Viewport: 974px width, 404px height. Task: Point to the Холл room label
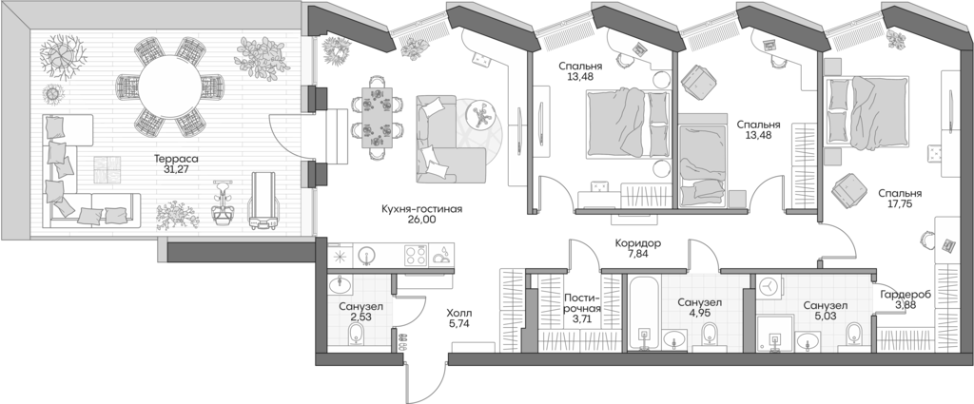[x=459, y=311]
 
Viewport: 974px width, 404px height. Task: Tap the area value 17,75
[x=899, y=205]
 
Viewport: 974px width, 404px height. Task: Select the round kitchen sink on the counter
[x=368, y=255]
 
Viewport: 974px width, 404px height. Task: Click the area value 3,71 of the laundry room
[x=581, y=320]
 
